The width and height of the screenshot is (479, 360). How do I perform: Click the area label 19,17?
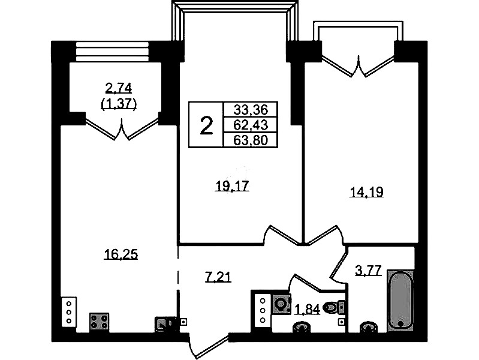[x=232, y=185]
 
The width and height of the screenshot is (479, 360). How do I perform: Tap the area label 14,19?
[x=366, y=192]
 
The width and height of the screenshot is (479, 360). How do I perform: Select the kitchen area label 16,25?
[x=121, y=254]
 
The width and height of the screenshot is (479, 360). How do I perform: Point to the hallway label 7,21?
[x=218, y=277]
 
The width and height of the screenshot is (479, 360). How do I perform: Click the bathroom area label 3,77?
[x=369, y=271]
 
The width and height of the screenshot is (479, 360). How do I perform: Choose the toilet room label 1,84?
[x=307, y=310]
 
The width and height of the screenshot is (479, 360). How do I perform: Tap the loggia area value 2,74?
[x=118, y=88]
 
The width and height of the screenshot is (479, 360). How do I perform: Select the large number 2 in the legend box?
[x=206, y=125]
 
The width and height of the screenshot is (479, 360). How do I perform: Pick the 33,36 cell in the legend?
[x=251, y=109]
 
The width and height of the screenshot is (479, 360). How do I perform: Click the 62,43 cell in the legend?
[x=251, y=125]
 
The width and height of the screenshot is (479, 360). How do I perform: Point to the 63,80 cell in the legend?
[x=251, y=140]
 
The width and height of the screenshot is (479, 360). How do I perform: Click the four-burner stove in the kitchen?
[x=100, y=322]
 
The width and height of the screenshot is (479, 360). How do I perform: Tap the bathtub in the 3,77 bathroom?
[x=400, y=301]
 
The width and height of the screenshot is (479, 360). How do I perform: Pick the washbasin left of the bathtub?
[x=369, y=327]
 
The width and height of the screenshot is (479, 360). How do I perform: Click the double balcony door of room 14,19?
[x=359, y=67]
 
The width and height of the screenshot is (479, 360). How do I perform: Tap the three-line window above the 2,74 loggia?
[x=112, y=52]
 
